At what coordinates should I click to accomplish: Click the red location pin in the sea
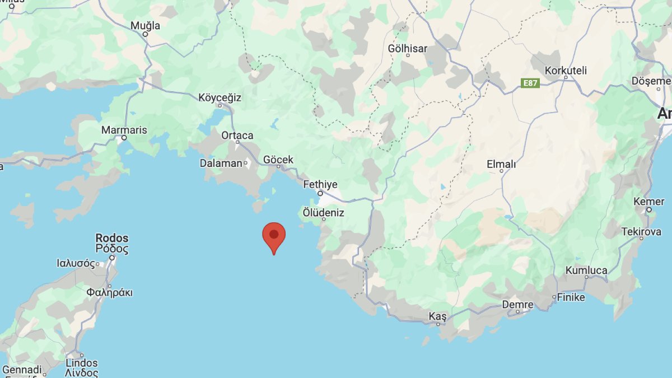click(x=274, y=236)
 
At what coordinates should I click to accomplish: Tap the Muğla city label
click(x=145, y=26)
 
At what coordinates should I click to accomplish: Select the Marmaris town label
click(x=124, y=130)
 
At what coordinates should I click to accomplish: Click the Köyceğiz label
click(x=220, y=97)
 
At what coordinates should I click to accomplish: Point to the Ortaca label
click(x=237, y=135)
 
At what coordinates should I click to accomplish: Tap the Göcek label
click(x=278, y=160)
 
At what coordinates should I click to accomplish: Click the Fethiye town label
click(x=320, y=184)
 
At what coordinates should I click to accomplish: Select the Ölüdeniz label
click(x=323, y=213)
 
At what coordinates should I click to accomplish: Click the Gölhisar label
click(x=407, y=48)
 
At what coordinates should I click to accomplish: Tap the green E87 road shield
click(x=530, y=83)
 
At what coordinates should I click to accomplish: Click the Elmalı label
click(x=501, y=165)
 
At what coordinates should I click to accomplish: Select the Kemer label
click(x=649, y=201)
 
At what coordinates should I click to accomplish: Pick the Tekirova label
click(x=641, y=232)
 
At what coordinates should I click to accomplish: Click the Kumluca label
click(x=586, y=270)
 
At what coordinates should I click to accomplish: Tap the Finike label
click(x=571, y=297)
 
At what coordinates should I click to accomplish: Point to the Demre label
click(x=517, y=305)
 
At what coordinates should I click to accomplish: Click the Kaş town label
click(x=437, y=316)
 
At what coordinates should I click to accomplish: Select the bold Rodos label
click(x=112, y=238)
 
